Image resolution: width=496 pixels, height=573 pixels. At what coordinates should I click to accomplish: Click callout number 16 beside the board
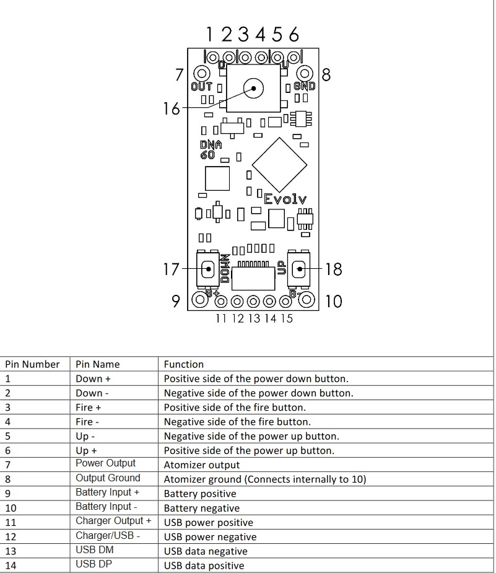pos(171,109)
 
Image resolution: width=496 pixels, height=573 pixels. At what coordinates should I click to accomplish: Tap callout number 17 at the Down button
pos(171,269)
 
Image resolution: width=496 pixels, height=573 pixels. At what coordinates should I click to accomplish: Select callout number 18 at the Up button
pos(333,269)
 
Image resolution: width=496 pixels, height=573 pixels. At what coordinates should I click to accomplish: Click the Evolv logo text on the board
pos(285,199)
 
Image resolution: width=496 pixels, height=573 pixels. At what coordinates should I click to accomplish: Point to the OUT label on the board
pos(201,87)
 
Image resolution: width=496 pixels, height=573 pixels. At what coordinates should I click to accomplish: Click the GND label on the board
pos(304,87)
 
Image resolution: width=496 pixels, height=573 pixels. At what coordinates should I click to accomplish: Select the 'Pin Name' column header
pos(97,364)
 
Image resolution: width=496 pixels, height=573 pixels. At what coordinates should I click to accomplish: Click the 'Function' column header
pos(184,364)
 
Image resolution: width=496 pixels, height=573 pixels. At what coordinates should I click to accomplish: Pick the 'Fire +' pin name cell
pos(89,407)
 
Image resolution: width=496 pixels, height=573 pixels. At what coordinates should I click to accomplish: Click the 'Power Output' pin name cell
pos(105,463)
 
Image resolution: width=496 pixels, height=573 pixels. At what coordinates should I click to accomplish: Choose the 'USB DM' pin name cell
pos(95,549)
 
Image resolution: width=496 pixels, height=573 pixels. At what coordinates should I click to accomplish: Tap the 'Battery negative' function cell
pos(201,508)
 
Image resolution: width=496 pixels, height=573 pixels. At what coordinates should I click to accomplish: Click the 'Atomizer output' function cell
pos(201,465)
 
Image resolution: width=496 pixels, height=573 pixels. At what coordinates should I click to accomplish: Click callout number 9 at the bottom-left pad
pos(176,302)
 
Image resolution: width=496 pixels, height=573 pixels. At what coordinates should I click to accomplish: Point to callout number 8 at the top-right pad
pos(326,75)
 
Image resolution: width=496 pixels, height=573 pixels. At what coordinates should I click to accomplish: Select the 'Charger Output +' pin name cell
pos(113,521)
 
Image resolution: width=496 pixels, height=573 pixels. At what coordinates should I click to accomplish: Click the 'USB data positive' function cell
pos(204,565)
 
